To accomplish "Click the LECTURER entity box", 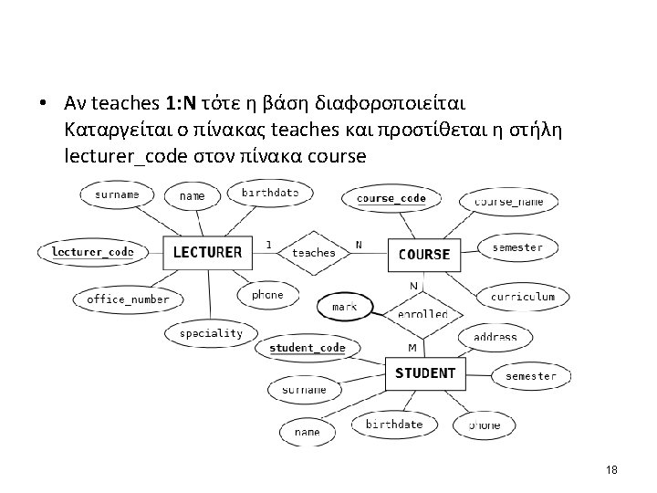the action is (x=207, y=252).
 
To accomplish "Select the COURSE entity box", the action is (x=424, y=254).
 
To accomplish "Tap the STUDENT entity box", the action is (x=425, y=372).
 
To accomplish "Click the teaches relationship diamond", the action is (x=313, y=252).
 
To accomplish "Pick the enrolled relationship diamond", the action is (x=422, y=313).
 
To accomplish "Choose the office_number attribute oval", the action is (x=128, y=299).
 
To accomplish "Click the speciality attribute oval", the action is (x=211, y=333).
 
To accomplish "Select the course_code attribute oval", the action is (x=391, y=198).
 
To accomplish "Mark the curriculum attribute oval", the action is (x=523, y=297).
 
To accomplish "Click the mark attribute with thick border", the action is (x=344, y=307).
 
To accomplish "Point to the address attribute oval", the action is (x=495, y=337).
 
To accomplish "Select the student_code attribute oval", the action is (x=308, y=348).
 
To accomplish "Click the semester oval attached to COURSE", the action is (x=517, y=247).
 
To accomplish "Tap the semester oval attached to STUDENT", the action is (x=530, y=375).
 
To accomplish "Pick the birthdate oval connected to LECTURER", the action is (x=269, y=193).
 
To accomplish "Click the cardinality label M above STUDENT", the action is (x=412, y=349).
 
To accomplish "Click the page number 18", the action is (x=611, y=469).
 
